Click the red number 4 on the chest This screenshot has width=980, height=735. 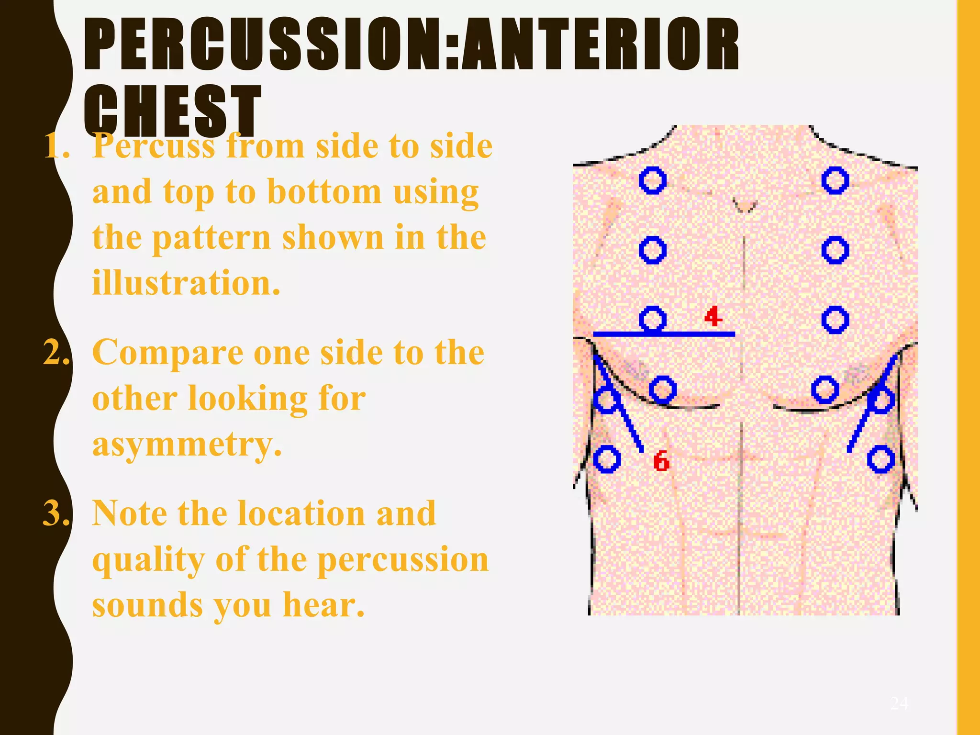(x=713, y=317)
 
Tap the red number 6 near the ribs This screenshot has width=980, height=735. (x=661, y=461)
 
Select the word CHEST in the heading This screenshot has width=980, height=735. (x=172, y=111)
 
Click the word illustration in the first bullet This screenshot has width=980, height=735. (x=186, y=282)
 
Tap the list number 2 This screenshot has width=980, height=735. (x=56, y=353)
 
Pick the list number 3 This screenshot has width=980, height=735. (x=56, y=513)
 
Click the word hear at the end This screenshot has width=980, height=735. (x=323, y=605)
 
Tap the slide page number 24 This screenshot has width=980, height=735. (x=899, y=703)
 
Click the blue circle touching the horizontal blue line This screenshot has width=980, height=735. (x=653, y=319)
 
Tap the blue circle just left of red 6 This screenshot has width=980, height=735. (x=607, y=459)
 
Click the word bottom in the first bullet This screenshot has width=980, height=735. (x=324, y=192)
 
